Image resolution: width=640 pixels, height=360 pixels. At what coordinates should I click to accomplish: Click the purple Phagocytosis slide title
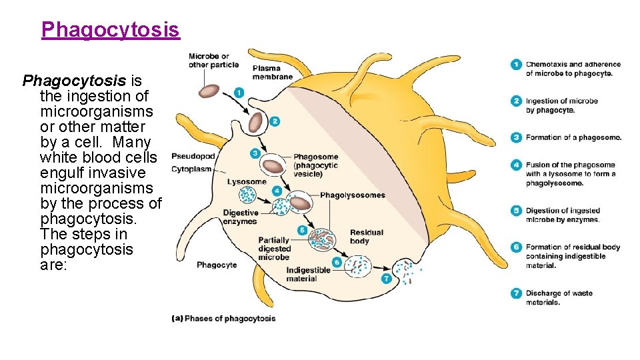pyautogui.click(x=110, y=30)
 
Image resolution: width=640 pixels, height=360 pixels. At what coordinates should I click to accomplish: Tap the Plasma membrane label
pyautogui.click(x=272, y=72)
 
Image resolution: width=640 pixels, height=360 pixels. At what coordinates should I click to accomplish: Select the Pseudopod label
pyautogui.click(x=193, y=156)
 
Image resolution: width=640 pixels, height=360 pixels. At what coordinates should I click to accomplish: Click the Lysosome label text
pyautogui.click(x=246, y=181)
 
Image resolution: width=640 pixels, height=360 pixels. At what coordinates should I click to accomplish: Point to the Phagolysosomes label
pyautogui.click(x=352, y=195)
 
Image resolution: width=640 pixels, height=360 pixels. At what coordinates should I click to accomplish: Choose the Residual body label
pyautogui.click(x=367, y=237)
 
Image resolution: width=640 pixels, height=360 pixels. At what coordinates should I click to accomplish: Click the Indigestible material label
pyautogui.click(x=308, y=275)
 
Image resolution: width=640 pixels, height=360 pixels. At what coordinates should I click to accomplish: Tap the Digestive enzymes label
pyautogui.click(x=240, y=217)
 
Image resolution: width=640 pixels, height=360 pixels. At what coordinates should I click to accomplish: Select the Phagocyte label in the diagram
pyautogui.click(x=217, y=265)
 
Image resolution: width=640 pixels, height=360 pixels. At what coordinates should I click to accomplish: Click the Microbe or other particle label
pyautogui.click(x=209, y=61)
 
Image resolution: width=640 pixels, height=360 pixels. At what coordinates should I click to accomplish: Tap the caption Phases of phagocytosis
pyautogui.click(x=224, y=319)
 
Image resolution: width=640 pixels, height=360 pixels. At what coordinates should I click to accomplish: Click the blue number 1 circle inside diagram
pyautogui.click(x=239, y=93)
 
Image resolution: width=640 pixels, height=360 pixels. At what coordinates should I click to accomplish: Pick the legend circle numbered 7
pyautogui.click(x=516, y=293)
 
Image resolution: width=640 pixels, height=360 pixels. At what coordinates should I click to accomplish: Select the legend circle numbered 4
pyautogui.click(x=516, y=165)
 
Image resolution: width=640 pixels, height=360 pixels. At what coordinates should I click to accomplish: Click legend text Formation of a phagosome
pyautogui.click(x=573, y=137)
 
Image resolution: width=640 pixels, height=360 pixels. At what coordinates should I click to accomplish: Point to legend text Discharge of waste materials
pyautogui.click(x=558, y=297)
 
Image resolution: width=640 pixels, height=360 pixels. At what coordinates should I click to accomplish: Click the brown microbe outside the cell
pyautogui.click(x=211, y=90)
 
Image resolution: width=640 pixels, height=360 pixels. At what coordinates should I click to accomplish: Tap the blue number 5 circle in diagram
pyautogui.click(x=302, y=230)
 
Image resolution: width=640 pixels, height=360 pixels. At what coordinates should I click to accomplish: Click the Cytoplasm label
pyautogui.click(x=192, y=169)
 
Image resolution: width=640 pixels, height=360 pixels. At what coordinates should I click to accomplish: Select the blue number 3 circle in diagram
pyautogui.click(x=255, y=153)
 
